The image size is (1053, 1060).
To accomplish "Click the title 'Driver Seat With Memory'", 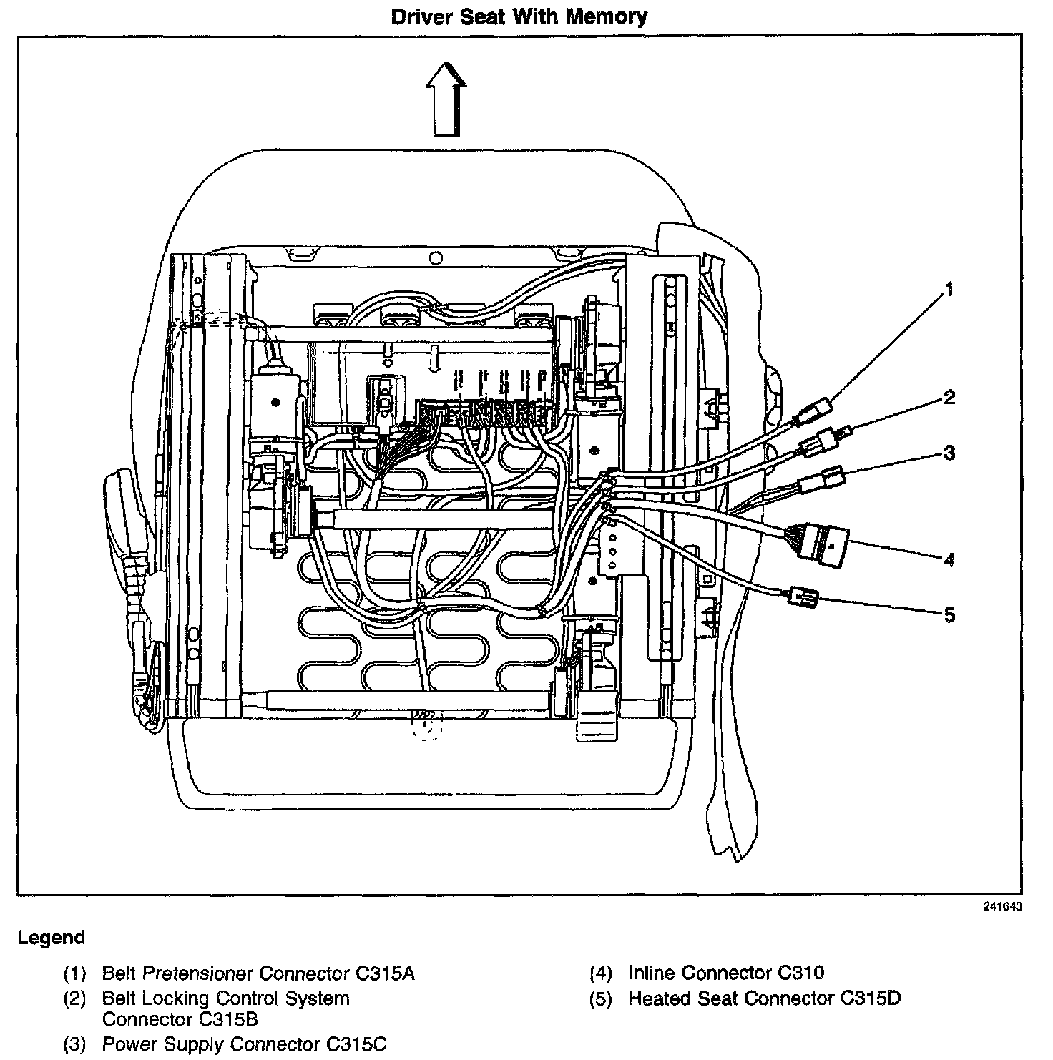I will click(519, 17).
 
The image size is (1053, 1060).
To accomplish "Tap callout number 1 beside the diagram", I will click(949, 290).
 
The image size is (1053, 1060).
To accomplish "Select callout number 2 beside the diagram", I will click(949, 397).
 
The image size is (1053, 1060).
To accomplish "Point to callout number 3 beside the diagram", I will click(949, 453).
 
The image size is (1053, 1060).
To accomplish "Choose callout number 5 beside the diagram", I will click(949, 614).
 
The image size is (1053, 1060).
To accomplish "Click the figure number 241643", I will click(1001, 907).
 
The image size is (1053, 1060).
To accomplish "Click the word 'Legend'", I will click(51, 938).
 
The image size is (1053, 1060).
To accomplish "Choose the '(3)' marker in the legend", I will click(74, 1045).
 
